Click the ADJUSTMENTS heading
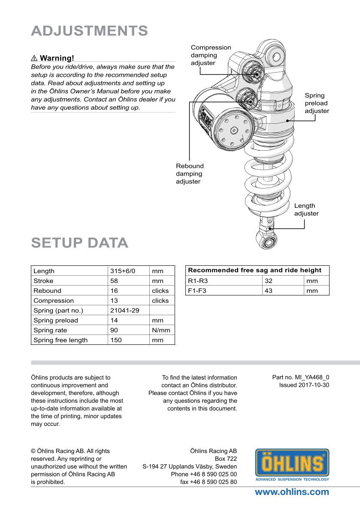pyautogui.click(x=89, y=31)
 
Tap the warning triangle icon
pyautogui.click(x=34, y=58)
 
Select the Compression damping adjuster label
pyautogui.click(x=211, y=55)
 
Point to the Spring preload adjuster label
pyautogui.click(x=317, y=103)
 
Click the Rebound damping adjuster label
pyautogui.click(x=190, y=173)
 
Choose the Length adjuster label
pyautogui.click(x=306, y=210)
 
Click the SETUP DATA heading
pyautogui.click(x=79, y=243)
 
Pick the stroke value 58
pyautogui.click(x=114, y=281)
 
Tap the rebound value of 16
pyautogui.click(x=114, y=291)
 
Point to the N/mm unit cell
pyautogui.click(x=161, y=330)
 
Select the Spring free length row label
pyautogui.click(x=61, y=340)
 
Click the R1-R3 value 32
pyautogui.click(x=269, y=281)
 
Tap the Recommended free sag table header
pyautogui.click(x=254, y=270)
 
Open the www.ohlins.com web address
pyautogui.click(x=292, y=492)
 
